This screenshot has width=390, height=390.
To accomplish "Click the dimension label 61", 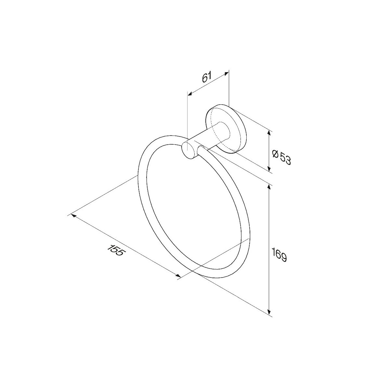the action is [207, 77].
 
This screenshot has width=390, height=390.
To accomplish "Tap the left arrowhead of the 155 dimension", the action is [74, 215].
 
